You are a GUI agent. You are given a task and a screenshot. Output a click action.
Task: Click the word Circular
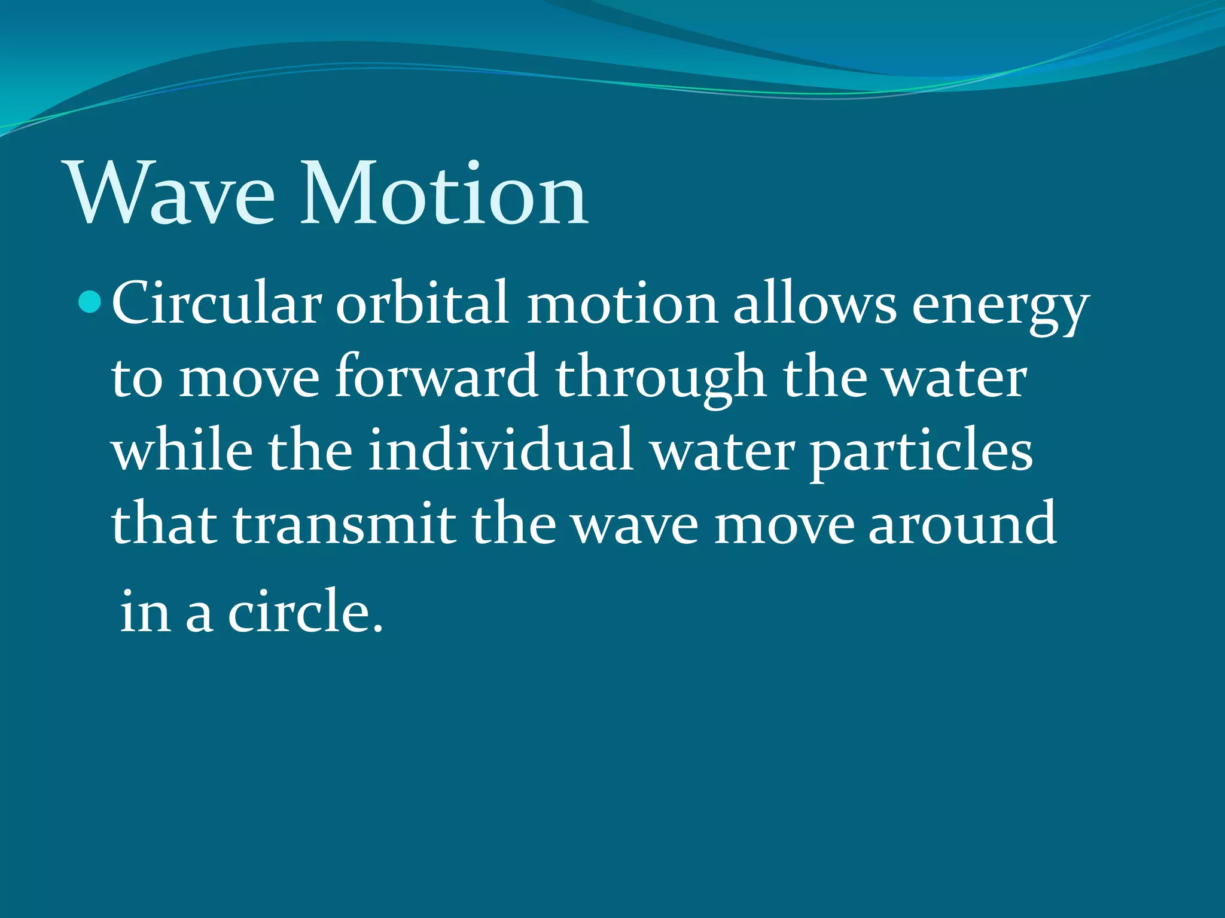point(216,303)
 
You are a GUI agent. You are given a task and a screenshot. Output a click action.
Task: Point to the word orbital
point(422,303)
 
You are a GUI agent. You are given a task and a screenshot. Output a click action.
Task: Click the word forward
point(436,377)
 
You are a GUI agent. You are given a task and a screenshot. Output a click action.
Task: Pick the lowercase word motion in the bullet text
point(622,303)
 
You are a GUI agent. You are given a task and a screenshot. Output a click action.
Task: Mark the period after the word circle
point(377,628)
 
